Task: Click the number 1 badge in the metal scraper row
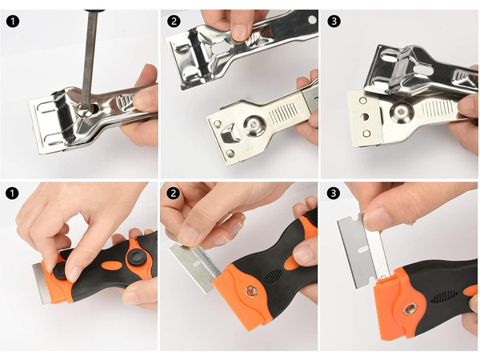coord(13,22)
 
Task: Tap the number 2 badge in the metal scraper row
coord(174,22)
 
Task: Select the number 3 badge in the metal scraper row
coord(334,22)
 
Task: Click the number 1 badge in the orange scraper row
coord(13,194)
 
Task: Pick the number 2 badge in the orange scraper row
coord(174,194)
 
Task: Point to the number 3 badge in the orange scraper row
coord(334,193)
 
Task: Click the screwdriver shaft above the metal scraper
coord(90,58)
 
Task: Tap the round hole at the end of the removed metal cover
coord(312,19)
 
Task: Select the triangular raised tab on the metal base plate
coord(230,134)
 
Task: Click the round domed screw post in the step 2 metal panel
coord(254,125)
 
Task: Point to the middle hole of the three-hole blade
coord(365,117)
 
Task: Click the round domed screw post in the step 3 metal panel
coord(401,112)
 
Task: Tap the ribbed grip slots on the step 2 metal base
coord(284,113)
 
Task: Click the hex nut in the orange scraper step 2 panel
coord(250,291)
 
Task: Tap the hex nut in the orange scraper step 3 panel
coord(410,309)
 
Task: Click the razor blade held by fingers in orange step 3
coord(362,250)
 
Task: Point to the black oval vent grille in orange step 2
coord(273,277)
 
